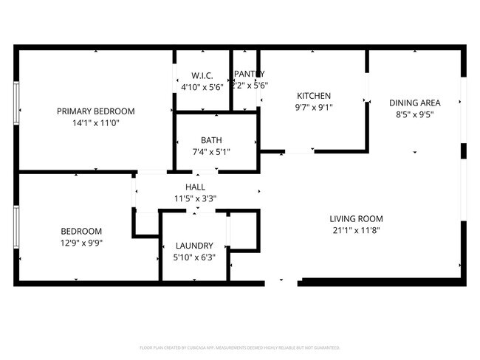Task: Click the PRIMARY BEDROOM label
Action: pos(96,111)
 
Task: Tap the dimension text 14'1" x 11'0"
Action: pos(96,123)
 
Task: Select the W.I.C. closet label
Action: pos(202,75)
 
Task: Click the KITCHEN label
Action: pos(313,96)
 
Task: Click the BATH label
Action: pos(211,140)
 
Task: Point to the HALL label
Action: pos(195,187)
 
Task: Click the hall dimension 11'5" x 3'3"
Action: pos(195,199)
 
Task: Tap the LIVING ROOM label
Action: pos(356,218)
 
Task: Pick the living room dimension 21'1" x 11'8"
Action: pos(356,230)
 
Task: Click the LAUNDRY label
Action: pos(194,246)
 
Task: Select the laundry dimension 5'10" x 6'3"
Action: pos(194,257)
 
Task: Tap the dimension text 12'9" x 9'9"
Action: pos(81,243)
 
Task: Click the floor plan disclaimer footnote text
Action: pos(239,347)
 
